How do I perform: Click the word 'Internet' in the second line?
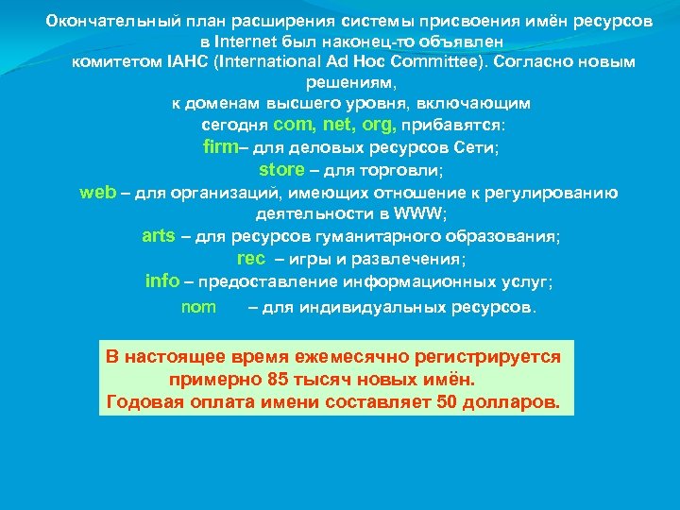pyautogui.click(x=245, y=42)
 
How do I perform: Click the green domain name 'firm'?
pyautogui.click(x=220, y=147)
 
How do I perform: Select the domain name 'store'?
pyautogui.click(x=281, y=170)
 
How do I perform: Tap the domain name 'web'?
pyautogui.click(x=97, y=193)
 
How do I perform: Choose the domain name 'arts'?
pyautogui.click(x=159, y=236)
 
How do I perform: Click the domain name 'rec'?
pyautogui.click(x=251, y=258)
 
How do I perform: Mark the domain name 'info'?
pyautogui.click(x=162, y=280)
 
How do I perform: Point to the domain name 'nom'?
pyautogui.click(x=198, y=307)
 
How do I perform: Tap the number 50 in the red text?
pyautogui.click(x=450, y=401)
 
